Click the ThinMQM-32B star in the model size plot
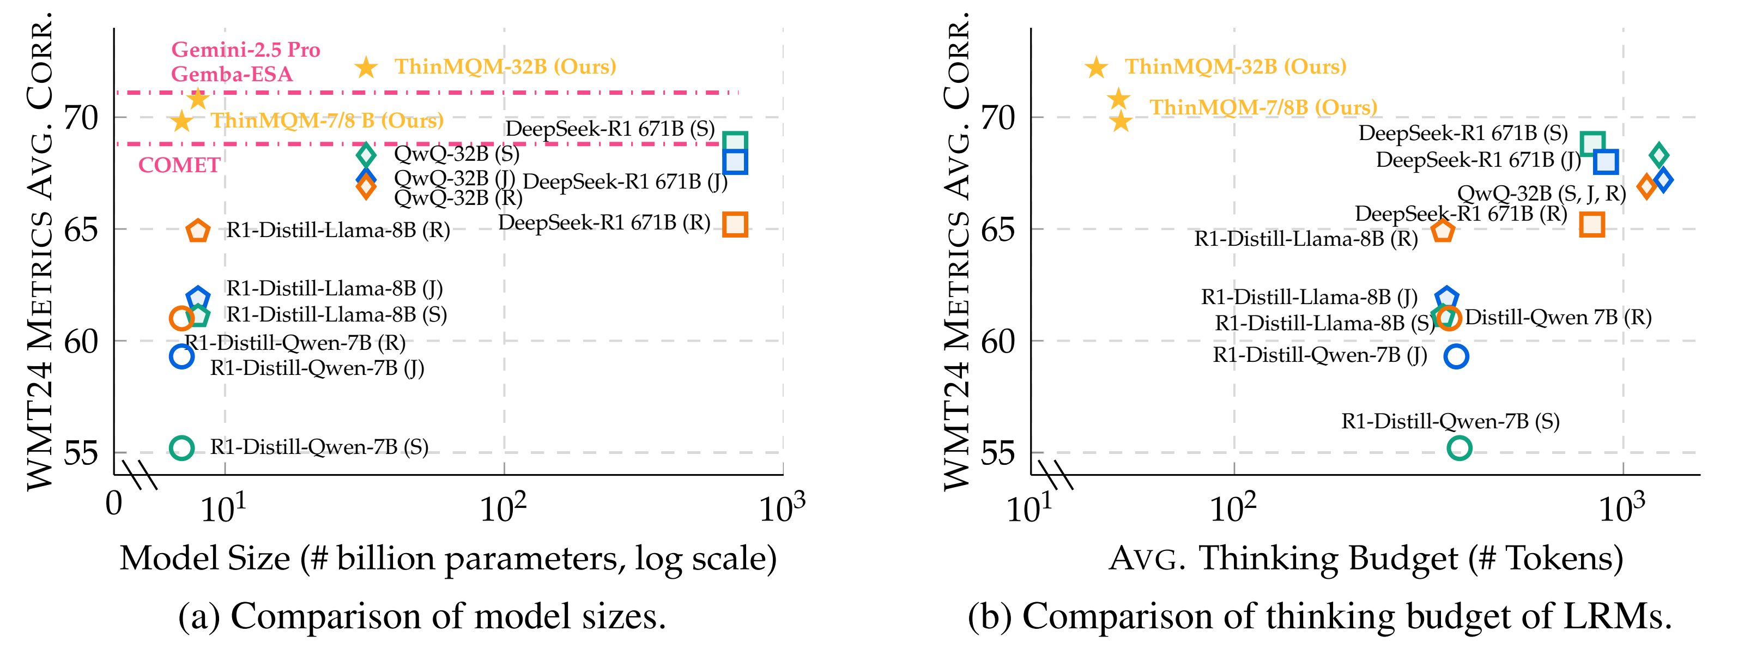tap(366, 67)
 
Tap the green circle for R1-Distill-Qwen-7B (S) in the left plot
tap(181, 447)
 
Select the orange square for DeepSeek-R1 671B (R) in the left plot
tap(735, 223)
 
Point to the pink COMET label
tap(179, 165)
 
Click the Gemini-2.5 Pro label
tap(245, 50)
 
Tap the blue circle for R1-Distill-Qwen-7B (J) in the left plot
tap(181, 355)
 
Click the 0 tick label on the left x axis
tap(114, 505)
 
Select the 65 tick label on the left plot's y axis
tap(81, 230)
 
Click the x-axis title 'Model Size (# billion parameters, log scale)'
tap(447, 559)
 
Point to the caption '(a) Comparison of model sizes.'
tap(422, 617)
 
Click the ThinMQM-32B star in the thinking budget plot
tap(1096, 67)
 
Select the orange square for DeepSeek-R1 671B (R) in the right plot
tap(1592, 223)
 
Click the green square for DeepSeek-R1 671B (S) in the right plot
tap(1592, 143)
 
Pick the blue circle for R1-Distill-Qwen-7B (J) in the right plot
tap(1456, 356)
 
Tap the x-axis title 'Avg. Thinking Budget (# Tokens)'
tap(1365, 559)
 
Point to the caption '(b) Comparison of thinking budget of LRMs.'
tap(1319, 617)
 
